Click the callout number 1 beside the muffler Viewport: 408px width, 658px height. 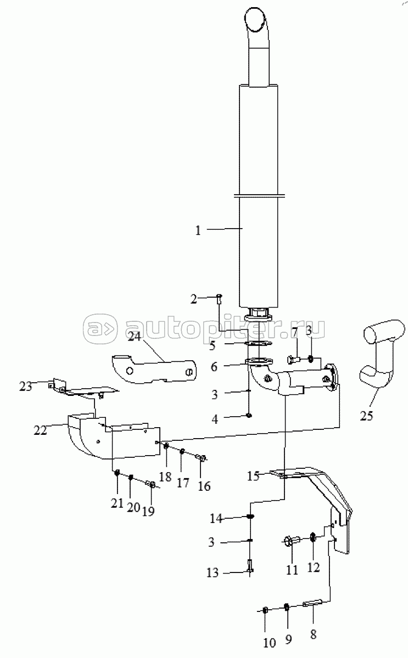click(x=198, y=230)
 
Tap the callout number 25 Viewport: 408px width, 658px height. click(x=366, y=416)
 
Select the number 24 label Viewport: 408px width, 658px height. click(x=135, y=337)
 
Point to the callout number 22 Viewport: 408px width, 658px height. click(x=40, y=430)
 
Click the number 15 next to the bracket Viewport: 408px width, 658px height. click(x=253, y=476)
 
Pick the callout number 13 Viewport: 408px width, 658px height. click(x=213, y=572)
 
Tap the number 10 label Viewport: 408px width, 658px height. click(x=270, y=643)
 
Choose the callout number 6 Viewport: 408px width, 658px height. click(x=214, y=367)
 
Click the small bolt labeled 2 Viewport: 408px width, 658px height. click(x=220, y=299)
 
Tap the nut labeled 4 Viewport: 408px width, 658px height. click(x=249, y=416)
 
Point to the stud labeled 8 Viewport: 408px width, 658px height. click(x=314, y=603)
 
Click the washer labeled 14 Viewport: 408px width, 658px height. click(x=250, y=517)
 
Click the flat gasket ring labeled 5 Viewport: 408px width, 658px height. click(x=258, y=343)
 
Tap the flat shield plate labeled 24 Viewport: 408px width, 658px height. click(x=153, y=369)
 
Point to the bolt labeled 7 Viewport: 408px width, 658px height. click(x=293, y=359)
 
